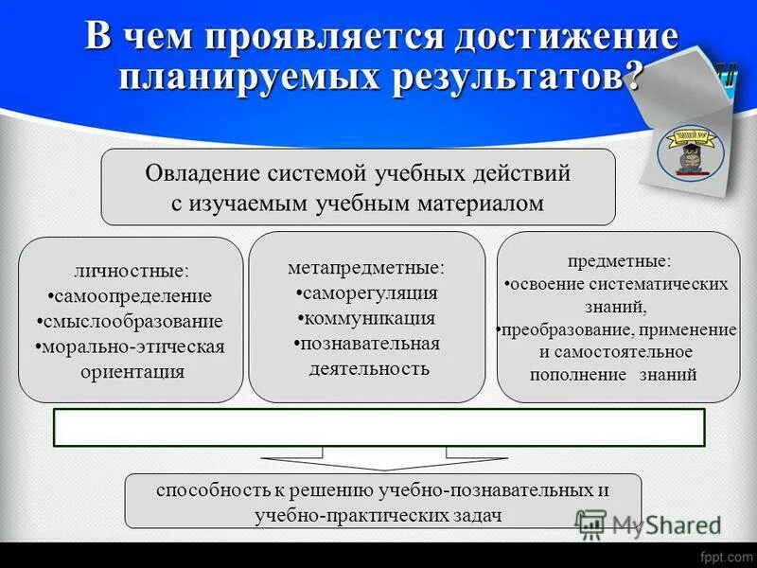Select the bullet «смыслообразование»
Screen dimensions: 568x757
click(131, 321)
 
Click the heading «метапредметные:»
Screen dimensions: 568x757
click(366, 268)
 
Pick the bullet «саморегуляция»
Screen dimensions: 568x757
click(367, 293)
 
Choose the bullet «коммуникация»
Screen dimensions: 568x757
click(367, 318)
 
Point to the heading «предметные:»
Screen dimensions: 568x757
click(619, 259)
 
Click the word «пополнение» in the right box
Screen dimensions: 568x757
click(583, 374)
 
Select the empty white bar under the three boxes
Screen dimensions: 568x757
click(378, 427)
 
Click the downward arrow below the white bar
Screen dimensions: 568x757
click(378, 461)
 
